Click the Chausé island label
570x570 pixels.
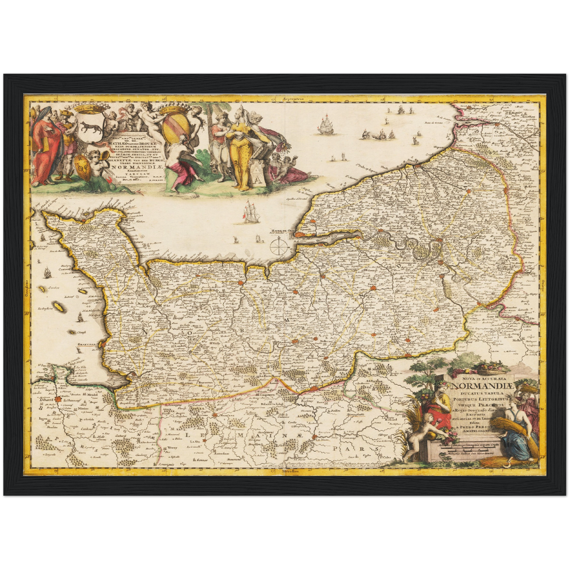click(81, 333)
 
